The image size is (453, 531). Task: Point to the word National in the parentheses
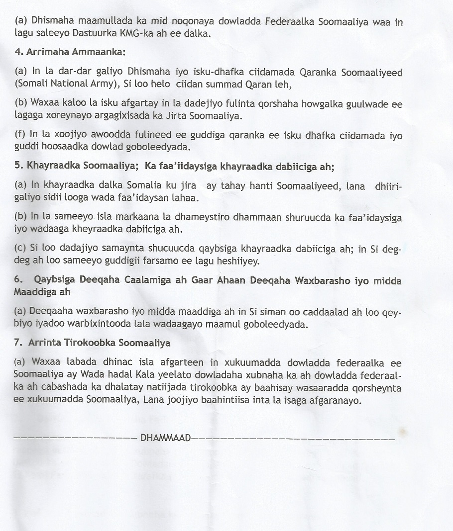click(x=66, y=85)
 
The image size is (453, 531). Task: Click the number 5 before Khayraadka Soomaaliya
click(x=17, y=165)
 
